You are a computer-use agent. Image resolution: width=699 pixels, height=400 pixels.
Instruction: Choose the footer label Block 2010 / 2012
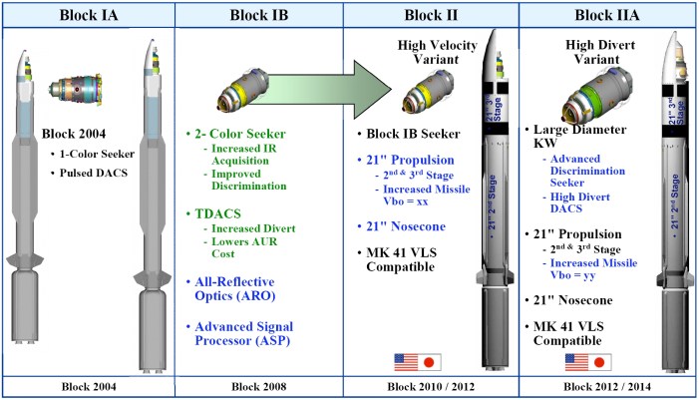click(x=433, y=388)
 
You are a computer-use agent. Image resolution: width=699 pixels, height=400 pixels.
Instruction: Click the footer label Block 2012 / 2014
click(x=607, y=388)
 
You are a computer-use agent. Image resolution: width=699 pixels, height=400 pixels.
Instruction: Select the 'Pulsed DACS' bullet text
click(x=86, y=174)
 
